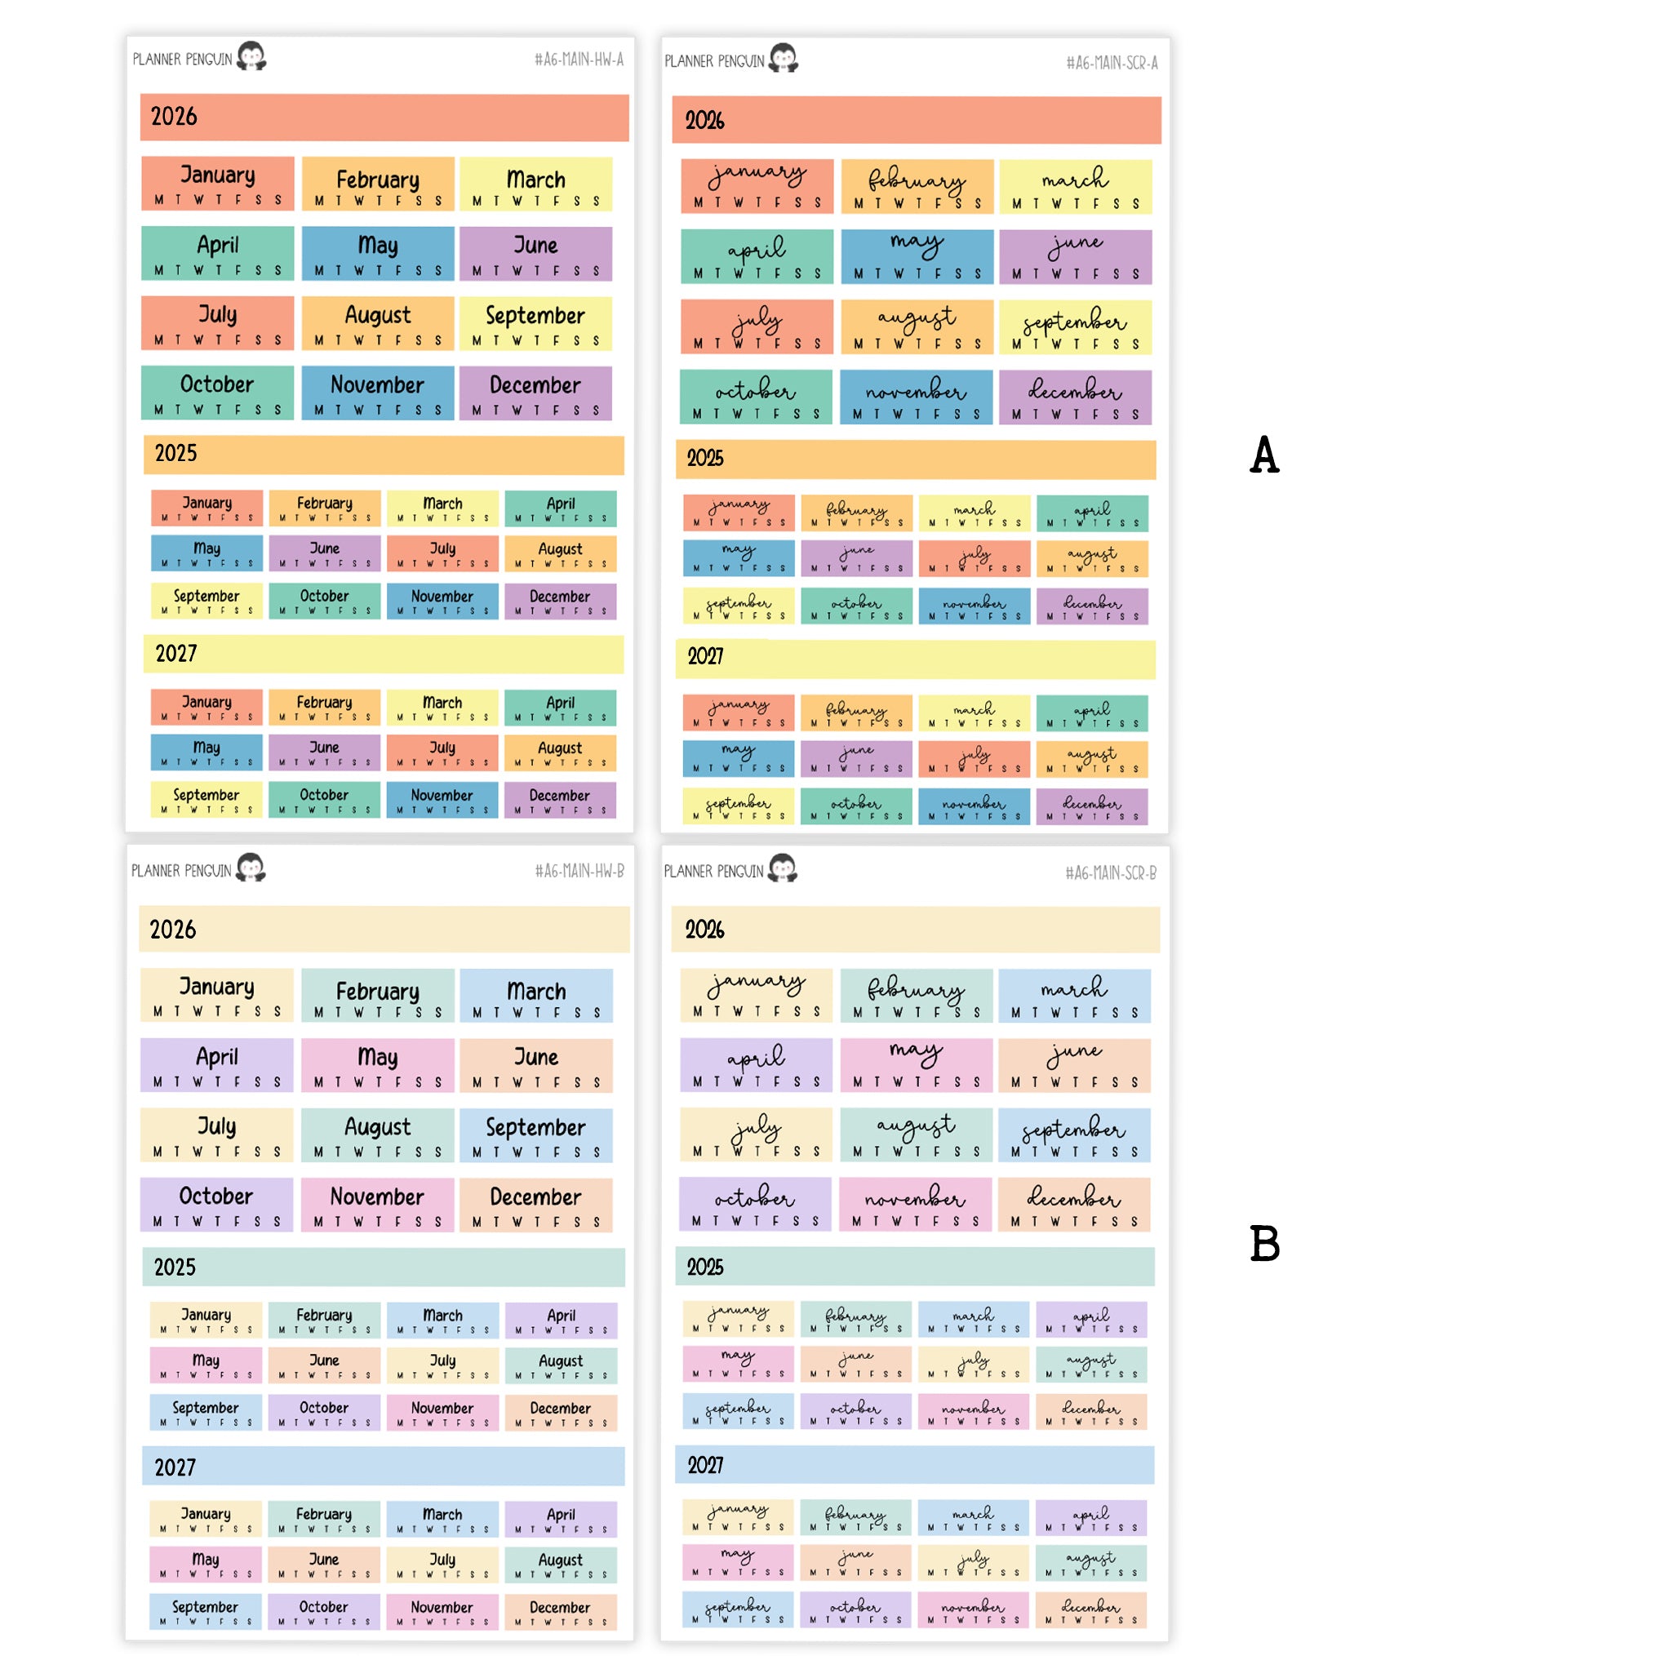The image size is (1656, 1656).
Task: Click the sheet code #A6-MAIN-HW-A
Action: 579,59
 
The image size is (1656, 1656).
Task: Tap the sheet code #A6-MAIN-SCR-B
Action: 1111,872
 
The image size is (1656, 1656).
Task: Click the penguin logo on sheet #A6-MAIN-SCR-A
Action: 784,58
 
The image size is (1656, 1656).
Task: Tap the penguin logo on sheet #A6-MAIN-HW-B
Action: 251,868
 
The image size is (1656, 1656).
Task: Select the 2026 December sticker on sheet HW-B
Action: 535,1205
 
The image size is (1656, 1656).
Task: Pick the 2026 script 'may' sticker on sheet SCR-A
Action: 917,255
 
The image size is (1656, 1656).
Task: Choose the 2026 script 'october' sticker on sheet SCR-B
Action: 755,1203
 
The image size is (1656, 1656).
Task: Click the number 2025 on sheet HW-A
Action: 175,454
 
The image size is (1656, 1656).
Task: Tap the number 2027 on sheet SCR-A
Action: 705,656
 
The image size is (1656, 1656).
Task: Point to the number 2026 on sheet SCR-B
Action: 704,929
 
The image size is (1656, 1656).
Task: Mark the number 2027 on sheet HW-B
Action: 175,1467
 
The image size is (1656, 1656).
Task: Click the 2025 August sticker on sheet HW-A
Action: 560,553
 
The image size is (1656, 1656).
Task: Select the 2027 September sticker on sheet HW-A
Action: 206,799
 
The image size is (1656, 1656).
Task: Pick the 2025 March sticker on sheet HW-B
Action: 442,1320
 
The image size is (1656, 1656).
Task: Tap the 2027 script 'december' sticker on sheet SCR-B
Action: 1090,1609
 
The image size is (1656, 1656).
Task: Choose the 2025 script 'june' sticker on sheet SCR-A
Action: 856,557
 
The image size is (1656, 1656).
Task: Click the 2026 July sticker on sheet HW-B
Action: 217,1134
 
